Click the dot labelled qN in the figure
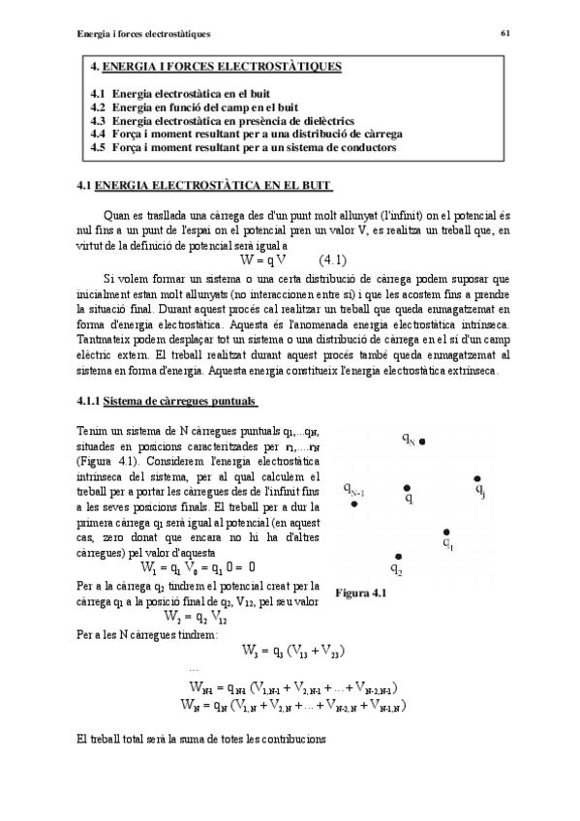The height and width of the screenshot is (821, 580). coord(422,441)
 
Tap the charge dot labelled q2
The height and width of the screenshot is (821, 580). coord(398,556)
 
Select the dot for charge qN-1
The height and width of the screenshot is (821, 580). coord(355,503)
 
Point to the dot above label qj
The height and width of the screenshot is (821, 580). coord(475,478)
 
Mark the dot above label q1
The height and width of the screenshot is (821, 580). coord(445,532)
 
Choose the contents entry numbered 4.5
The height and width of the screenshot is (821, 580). coord(242,148)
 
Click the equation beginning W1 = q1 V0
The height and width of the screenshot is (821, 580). coord(198,567)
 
